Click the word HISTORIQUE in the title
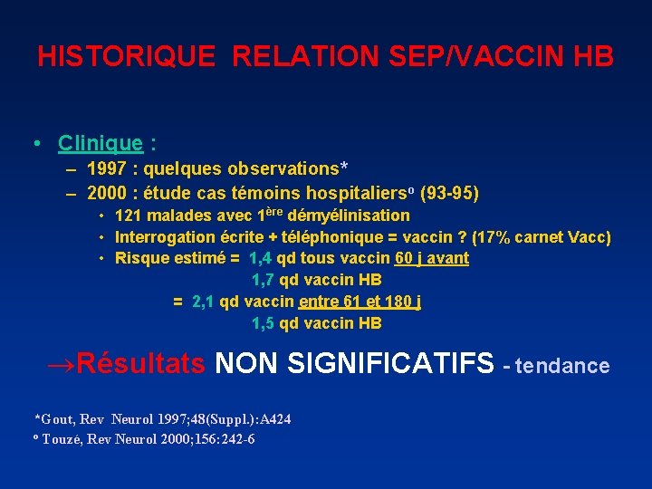(x=126, y=56)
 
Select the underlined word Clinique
(x=100, y=143)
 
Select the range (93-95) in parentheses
(x=450, y=193)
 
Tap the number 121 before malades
(x=129, y=216)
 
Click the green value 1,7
(x=263, y=280)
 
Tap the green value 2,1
(x=204, y=302)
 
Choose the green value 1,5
(x=263, y=323)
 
